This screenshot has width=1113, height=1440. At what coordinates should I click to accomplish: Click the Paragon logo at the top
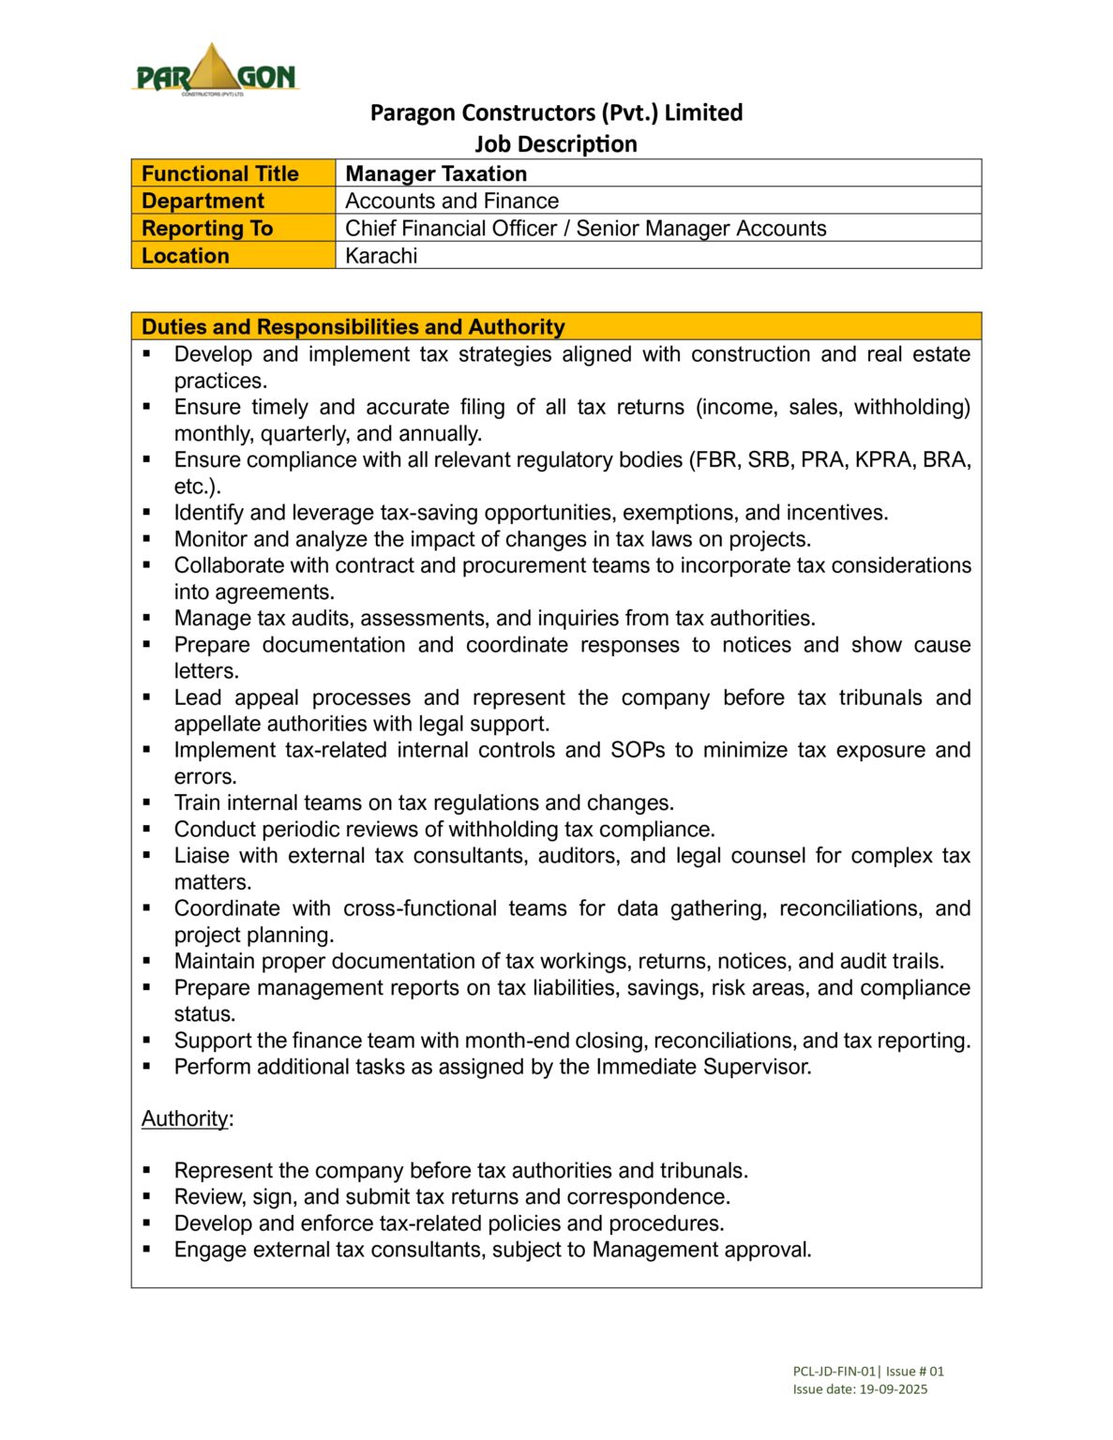[216, 70]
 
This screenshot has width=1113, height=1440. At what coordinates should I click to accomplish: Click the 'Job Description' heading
[555, 143]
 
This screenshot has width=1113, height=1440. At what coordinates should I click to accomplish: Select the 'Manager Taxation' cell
[436, 173]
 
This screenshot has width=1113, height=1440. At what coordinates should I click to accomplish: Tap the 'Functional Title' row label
[219, 173]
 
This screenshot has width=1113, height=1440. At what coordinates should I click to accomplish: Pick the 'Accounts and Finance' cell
[451, 201]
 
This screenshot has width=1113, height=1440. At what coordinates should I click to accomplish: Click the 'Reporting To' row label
[207, 228]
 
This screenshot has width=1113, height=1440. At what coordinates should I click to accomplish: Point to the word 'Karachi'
[381, 255]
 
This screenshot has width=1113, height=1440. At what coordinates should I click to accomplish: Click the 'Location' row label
[186, 255]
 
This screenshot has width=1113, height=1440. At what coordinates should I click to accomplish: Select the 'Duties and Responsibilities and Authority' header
[353, 326]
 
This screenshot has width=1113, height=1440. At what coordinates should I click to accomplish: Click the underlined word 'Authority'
[185, 1118]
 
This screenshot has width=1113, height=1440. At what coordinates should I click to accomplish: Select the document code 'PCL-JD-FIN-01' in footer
[834, 1371]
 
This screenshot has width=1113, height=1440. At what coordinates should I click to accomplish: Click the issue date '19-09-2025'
[893, 1389]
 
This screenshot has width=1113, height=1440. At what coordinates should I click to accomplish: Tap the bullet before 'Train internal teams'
[147, 802]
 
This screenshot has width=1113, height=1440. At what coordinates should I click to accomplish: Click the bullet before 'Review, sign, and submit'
[147, 1196]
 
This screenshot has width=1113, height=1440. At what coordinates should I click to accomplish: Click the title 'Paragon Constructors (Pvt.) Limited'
[556, 112]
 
